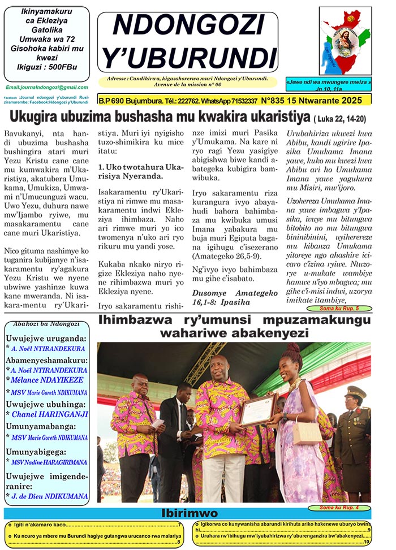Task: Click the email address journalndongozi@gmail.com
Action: pos(47,88)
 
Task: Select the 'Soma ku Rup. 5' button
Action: pos(338,309)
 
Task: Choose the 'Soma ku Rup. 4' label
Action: pos(338,508)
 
